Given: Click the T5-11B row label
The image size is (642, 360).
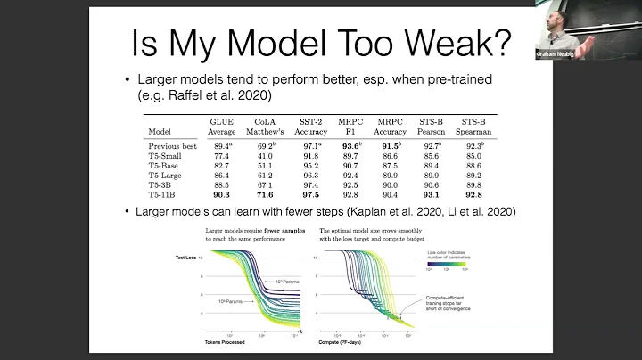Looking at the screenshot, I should [x=167, y=194].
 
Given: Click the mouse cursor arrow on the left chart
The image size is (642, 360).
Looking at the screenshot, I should [x=300, y=331].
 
